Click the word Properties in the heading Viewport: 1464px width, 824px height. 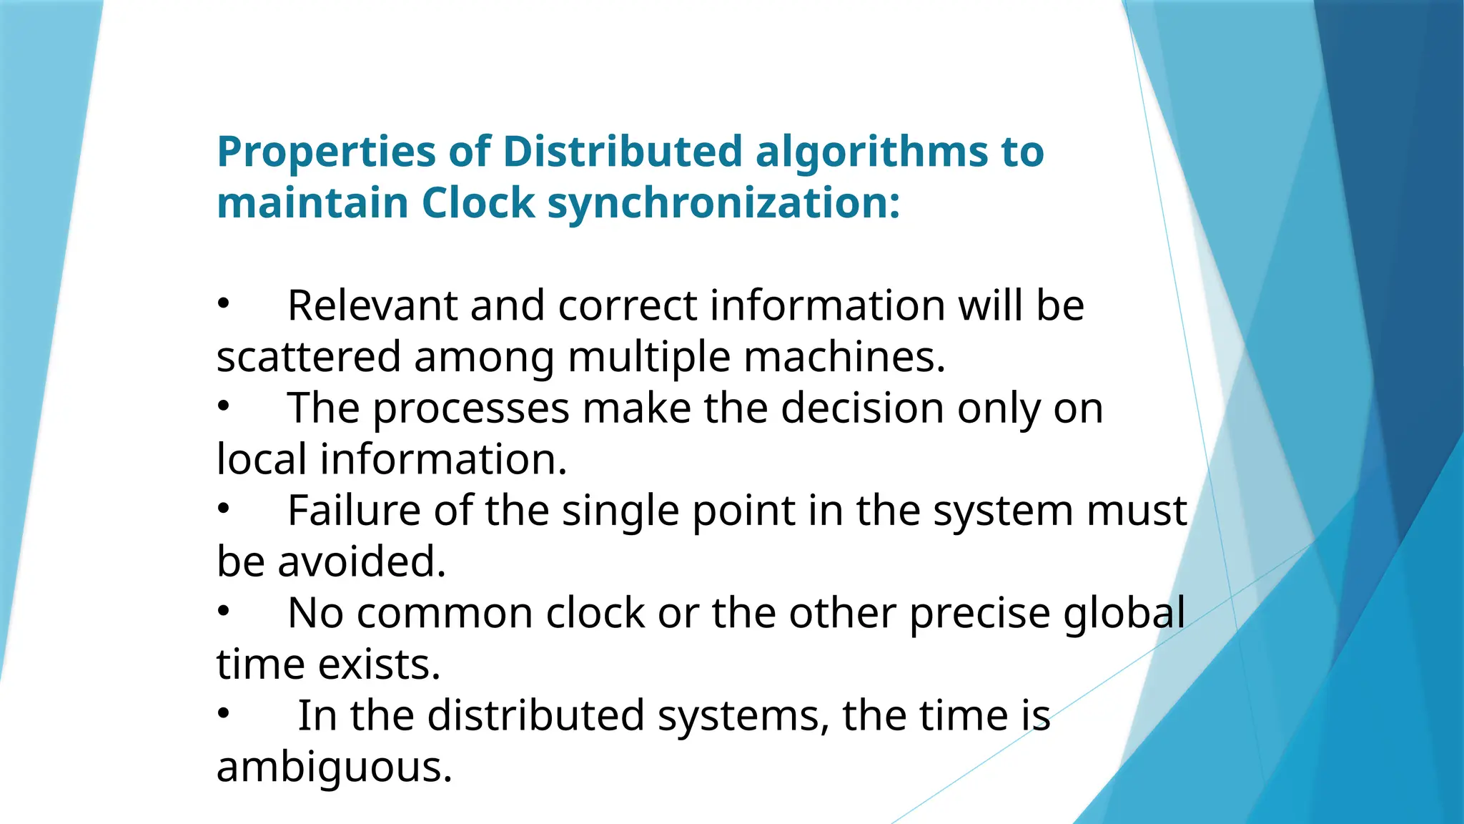point(326,153)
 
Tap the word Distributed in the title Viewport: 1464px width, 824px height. point(623,152)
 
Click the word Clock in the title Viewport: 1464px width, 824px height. point(478,203)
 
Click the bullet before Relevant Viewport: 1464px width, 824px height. point(224,304)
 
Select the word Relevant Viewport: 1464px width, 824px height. point(372,305)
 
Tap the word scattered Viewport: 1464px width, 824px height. point(308,357)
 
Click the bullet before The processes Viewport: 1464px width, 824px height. point(224,406)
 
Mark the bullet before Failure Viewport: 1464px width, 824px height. point(224,509)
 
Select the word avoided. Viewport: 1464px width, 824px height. point(362,561)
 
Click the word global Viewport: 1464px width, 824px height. point(1124,614)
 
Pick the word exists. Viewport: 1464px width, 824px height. point(379,664)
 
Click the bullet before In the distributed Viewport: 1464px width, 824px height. point(224,713)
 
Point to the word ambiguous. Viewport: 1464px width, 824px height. point(335,767)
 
